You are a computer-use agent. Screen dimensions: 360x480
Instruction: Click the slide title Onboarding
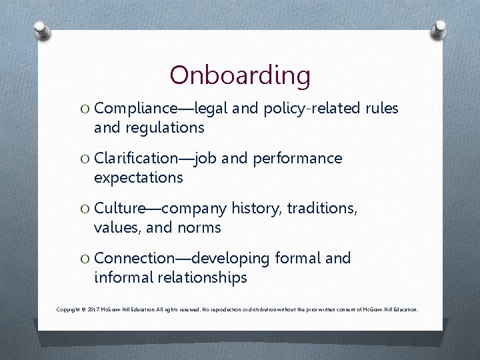240,75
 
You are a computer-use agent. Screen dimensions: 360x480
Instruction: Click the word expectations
138,177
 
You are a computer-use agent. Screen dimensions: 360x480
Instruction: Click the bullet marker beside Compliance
85,108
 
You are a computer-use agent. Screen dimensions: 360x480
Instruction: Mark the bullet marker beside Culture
85,209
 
